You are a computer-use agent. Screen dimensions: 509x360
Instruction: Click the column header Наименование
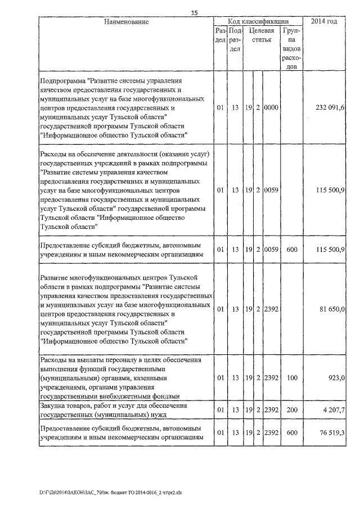126,22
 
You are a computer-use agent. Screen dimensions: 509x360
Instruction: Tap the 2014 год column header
328,22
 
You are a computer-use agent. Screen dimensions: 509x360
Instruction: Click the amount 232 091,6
331,107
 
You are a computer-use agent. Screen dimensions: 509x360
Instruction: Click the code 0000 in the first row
272,107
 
